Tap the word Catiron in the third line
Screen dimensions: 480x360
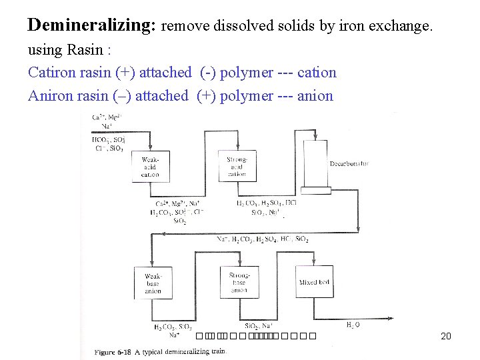point(51,72)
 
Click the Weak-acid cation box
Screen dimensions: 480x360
point(151,166)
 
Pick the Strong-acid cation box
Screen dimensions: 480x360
point(237,166)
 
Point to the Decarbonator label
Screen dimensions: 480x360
point(349,163)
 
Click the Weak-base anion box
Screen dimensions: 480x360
point(153,283)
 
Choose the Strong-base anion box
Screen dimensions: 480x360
point(239,283)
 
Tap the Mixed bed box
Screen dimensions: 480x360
point(314,283)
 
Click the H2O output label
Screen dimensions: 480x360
point(353,325)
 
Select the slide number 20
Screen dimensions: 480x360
point(446,336)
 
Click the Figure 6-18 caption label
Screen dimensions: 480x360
point(113,351)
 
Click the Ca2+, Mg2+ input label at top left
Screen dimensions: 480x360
point(107,117)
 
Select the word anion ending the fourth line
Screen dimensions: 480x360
point(315,95)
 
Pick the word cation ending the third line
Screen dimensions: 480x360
point(317,72)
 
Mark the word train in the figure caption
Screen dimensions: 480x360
point(217,351)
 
